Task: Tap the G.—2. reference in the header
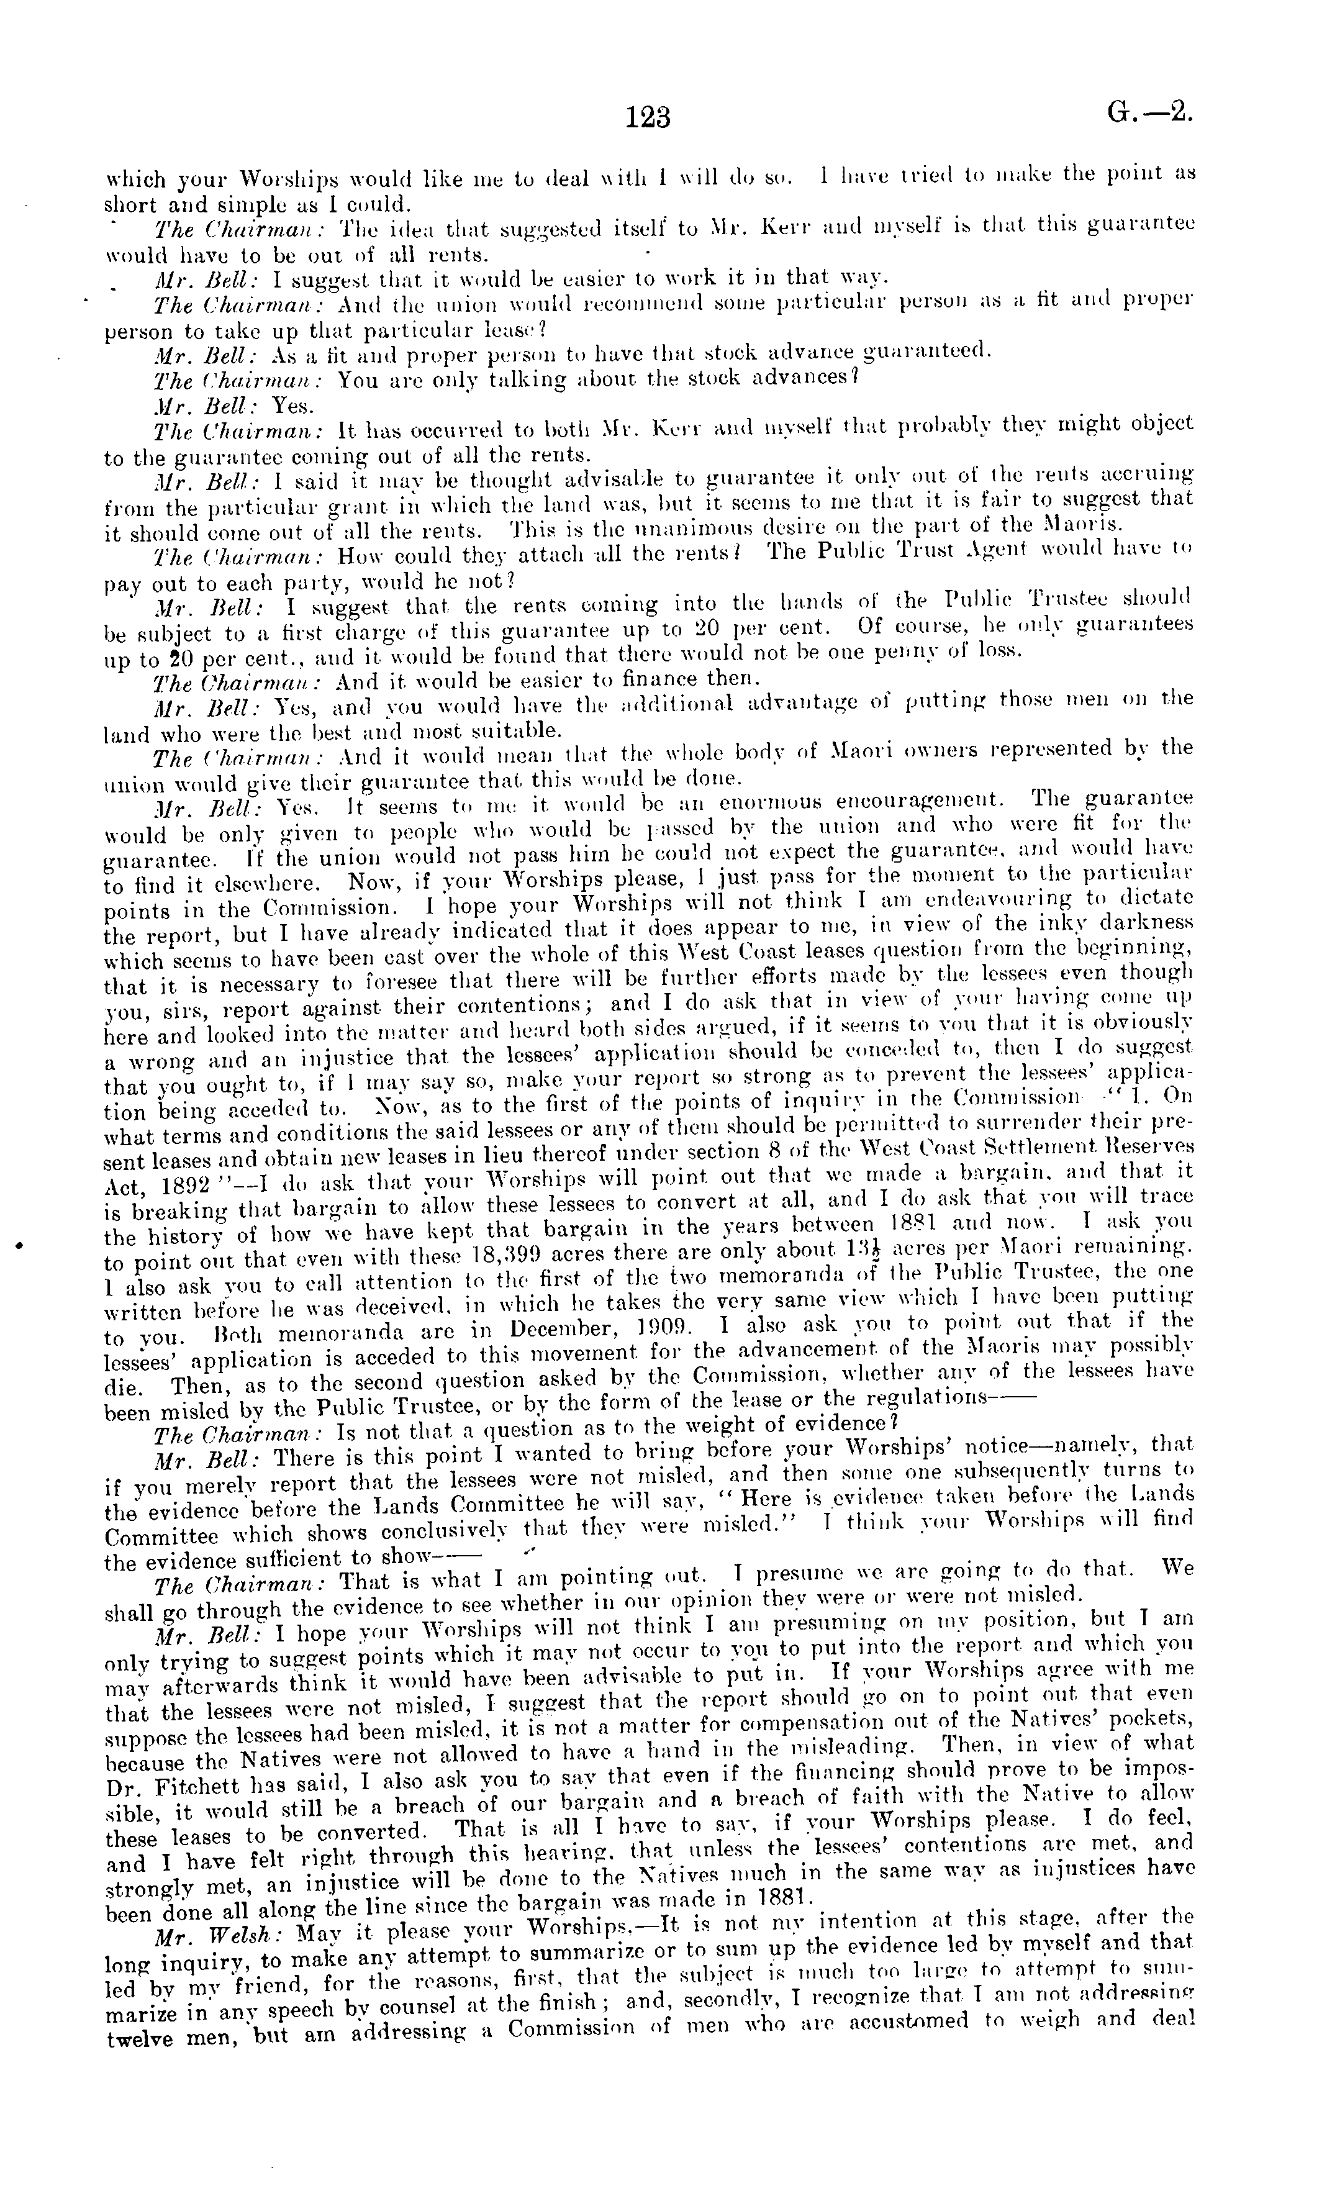[1149, 113]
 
